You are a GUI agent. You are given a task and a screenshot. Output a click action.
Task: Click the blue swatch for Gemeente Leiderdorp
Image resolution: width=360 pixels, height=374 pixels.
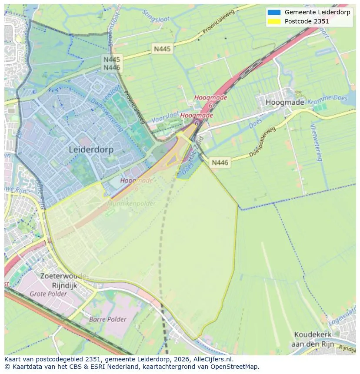pos(274,13)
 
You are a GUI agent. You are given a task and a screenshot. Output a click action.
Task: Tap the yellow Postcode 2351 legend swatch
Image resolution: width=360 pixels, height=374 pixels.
pos(274,21)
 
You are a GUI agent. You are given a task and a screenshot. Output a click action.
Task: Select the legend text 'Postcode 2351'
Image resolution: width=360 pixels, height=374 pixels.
pos(307,21)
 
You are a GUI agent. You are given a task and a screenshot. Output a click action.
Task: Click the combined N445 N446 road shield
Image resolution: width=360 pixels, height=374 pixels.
pos(112,63)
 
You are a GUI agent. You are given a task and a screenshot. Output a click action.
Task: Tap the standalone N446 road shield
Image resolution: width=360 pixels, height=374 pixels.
pos(220,162)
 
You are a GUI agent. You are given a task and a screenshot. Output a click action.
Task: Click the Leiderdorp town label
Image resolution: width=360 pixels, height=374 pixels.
pos(91,150)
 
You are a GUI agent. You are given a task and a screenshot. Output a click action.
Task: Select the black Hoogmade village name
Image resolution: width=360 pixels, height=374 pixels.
pos(285,103)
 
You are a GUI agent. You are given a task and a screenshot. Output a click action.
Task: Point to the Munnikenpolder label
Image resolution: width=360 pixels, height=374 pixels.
pos(123,203)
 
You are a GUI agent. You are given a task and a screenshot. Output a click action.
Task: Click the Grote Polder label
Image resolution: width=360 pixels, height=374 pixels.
pos(48,294)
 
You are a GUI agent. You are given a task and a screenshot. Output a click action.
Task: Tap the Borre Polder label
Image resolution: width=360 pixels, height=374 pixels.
pos(107,319)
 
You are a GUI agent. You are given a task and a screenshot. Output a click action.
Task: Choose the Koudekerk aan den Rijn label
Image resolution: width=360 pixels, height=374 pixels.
pos(313,339)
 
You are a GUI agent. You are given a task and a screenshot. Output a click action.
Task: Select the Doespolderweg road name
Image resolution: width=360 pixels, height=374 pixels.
pos(262,143)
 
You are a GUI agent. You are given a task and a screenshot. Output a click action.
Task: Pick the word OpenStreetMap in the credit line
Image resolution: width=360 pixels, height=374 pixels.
pos(237,367)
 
